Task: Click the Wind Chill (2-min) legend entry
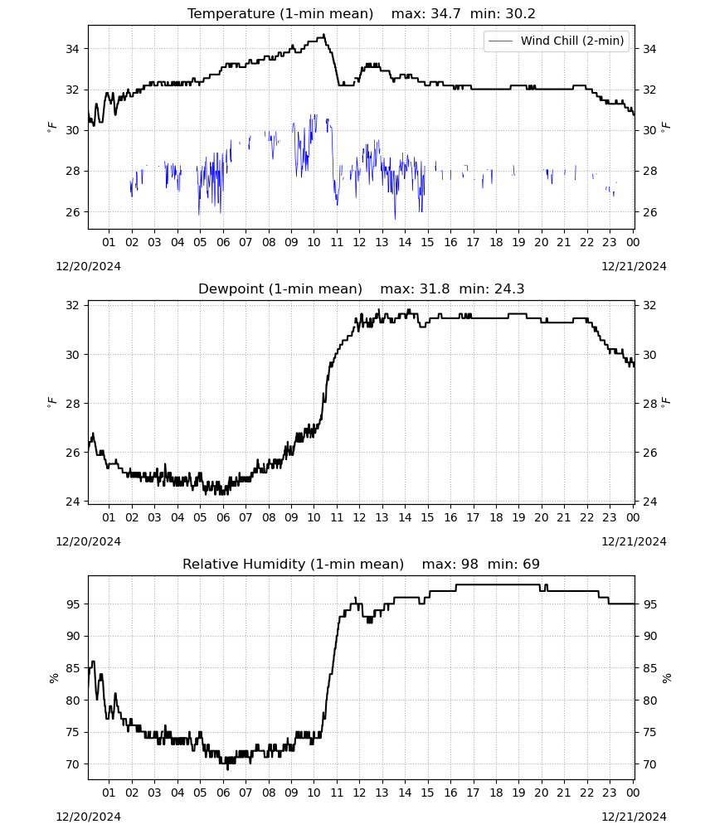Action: pos(557,41)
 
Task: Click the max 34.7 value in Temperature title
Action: pos(425,14)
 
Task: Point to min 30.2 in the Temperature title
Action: pos(503,14)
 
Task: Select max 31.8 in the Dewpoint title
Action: pos(416,289)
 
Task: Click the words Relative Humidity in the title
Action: pos(244,564)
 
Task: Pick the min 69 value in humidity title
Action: pos(513,564)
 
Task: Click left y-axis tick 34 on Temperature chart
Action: pos(72,49)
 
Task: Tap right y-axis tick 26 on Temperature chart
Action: pos(649,212)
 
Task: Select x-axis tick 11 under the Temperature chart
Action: pos(337,242)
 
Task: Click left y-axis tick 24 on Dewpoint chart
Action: pos(72,502)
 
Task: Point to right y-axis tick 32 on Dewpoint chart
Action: pos(649,306)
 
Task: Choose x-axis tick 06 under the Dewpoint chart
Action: pos(223,517)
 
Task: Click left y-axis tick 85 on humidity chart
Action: pos(72,668)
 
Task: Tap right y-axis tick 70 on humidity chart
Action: pos(649,764)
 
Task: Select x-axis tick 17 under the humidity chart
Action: pos(473,793)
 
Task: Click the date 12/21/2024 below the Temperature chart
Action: pos(634,266)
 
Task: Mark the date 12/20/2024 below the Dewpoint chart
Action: pos(88,542)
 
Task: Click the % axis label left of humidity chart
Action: pos(53,678)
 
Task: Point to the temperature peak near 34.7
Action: pos(323,35)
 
